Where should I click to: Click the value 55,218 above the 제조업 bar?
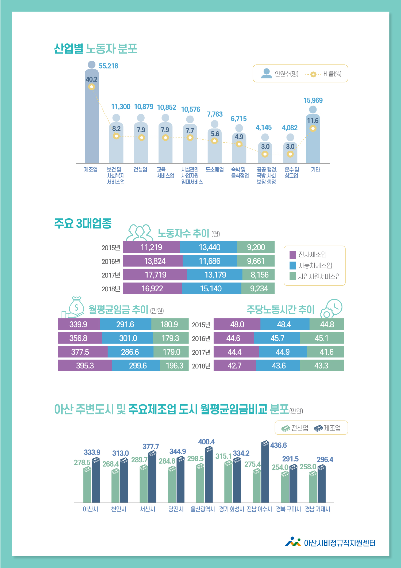(108, 66)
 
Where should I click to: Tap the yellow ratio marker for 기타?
(313, 128)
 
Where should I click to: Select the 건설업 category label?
(140, 169)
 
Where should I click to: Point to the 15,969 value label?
(313, 100)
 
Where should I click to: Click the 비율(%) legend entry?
(332, 74)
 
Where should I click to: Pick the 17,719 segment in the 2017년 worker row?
(155, 275)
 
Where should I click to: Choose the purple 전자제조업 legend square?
(293, 254)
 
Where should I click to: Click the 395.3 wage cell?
(85, 365)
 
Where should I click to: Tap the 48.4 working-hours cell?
(284, 324)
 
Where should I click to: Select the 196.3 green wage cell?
(175, 365)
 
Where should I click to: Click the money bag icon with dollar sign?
(76, 306)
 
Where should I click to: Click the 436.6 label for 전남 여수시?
(278, 445)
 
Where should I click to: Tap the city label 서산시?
(148, 509)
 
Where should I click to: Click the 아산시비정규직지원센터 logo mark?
(293, 542)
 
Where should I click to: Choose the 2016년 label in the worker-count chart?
(111, 261)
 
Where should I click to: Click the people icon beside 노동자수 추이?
(140, 232)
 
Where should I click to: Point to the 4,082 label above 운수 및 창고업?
(290, 128)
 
